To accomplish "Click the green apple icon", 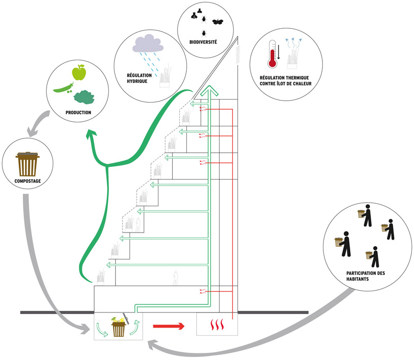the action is pos(79,72).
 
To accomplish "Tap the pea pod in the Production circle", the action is pos(63,88).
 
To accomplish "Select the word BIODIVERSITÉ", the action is pos(203,42).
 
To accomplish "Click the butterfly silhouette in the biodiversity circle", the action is pos(218,22).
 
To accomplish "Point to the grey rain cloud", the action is pos(148,43).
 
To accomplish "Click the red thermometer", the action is pos(272,54).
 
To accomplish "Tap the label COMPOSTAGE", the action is pos(28,181).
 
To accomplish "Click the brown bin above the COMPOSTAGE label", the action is pos(27,164).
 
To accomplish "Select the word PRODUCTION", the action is pos(78,113).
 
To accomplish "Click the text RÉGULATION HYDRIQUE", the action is pos(139,78).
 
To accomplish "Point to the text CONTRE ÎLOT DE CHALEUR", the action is pos(285,83).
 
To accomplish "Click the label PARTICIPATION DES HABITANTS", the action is pos(365,276).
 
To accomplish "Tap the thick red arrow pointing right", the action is pos(169,326).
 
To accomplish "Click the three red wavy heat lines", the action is pos(217,325).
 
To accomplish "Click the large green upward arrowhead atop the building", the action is pos(210,91).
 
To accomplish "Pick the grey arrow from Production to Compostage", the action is pos(38,124).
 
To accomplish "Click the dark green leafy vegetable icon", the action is pos(84,97).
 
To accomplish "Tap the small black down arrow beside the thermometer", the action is pos(278,52).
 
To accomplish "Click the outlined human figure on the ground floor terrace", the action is pos(175,278).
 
